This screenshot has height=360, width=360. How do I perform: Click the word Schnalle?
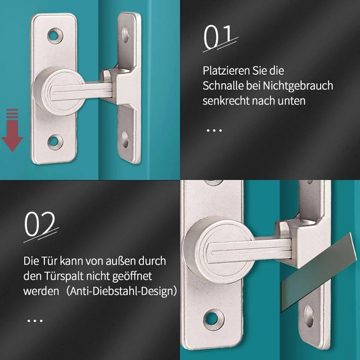click(x=224, y=86)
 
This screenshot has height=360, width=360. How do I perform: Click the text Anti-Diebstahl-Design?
click(x=136, y=291)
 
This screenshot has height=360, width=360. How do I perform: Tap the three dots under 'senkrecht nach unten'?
click(x=214, y=130)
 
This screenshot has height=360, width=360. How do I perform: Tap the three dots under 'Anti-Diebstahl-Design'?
click(x=35, y=321)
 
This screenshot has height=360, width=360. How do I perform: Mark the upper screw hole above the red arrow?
click(x=54, y=37)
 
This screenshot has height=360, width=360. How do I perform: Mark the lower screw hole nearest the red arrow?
click(x=54, y=141)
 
